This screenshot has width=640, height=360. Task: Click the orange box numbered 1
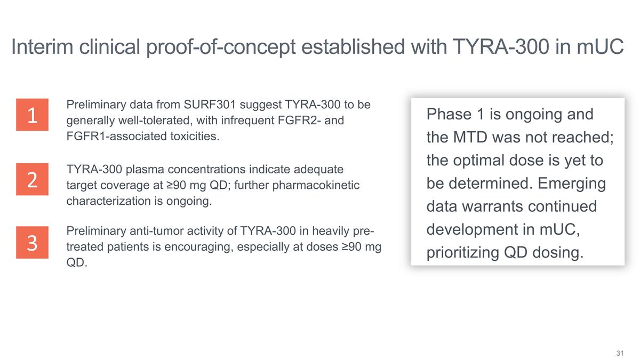[32, 115]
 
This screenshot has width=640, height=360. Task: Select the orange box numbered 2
[32, 179]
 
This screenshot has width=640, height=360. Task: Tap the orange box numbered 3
[32, 243]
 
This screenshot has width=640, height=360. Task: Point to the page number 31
[620, 353]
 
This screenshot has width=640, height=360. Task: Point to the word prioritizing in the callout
[461, 252]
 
